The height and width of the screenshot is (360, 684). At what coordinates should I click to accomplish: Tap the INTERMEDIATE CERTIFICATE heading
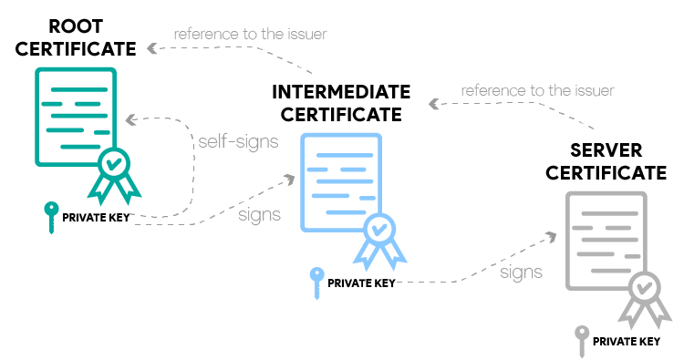point(340,103)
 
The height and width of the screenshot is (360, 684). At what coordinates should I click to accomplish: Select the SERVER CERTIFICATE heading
point(605,160)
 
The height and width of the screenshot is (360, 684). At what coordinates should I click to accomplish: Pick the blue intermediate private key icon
point(316,282)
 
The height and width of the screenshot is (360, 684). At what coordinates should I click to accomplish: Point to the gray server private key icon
point(580,341)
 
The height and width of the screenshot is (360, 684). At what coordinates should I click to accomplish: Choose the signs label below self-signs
point(258,215)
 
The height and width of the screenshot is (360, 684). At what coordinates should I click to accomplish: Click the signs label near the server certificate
point(521,272)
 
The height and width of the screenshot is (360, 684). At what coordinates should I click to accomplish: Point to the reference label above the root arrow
point(250,35)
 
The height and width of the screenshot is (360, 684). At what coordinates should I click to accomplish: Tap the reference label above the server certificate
point(537,91)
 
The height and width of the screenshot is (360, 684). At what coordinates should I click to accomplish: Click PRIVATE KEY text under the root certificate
point(96,218)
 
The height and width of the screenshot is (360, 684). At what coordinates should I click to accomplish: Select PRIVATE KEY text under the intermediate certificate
point(361,283)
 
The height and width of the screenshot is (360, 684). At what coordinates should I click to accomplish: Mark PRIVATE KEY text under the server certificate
point(626,342)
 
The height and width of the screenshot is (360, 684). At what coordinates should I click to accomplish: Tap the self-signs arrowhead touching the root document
point(130,119)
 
